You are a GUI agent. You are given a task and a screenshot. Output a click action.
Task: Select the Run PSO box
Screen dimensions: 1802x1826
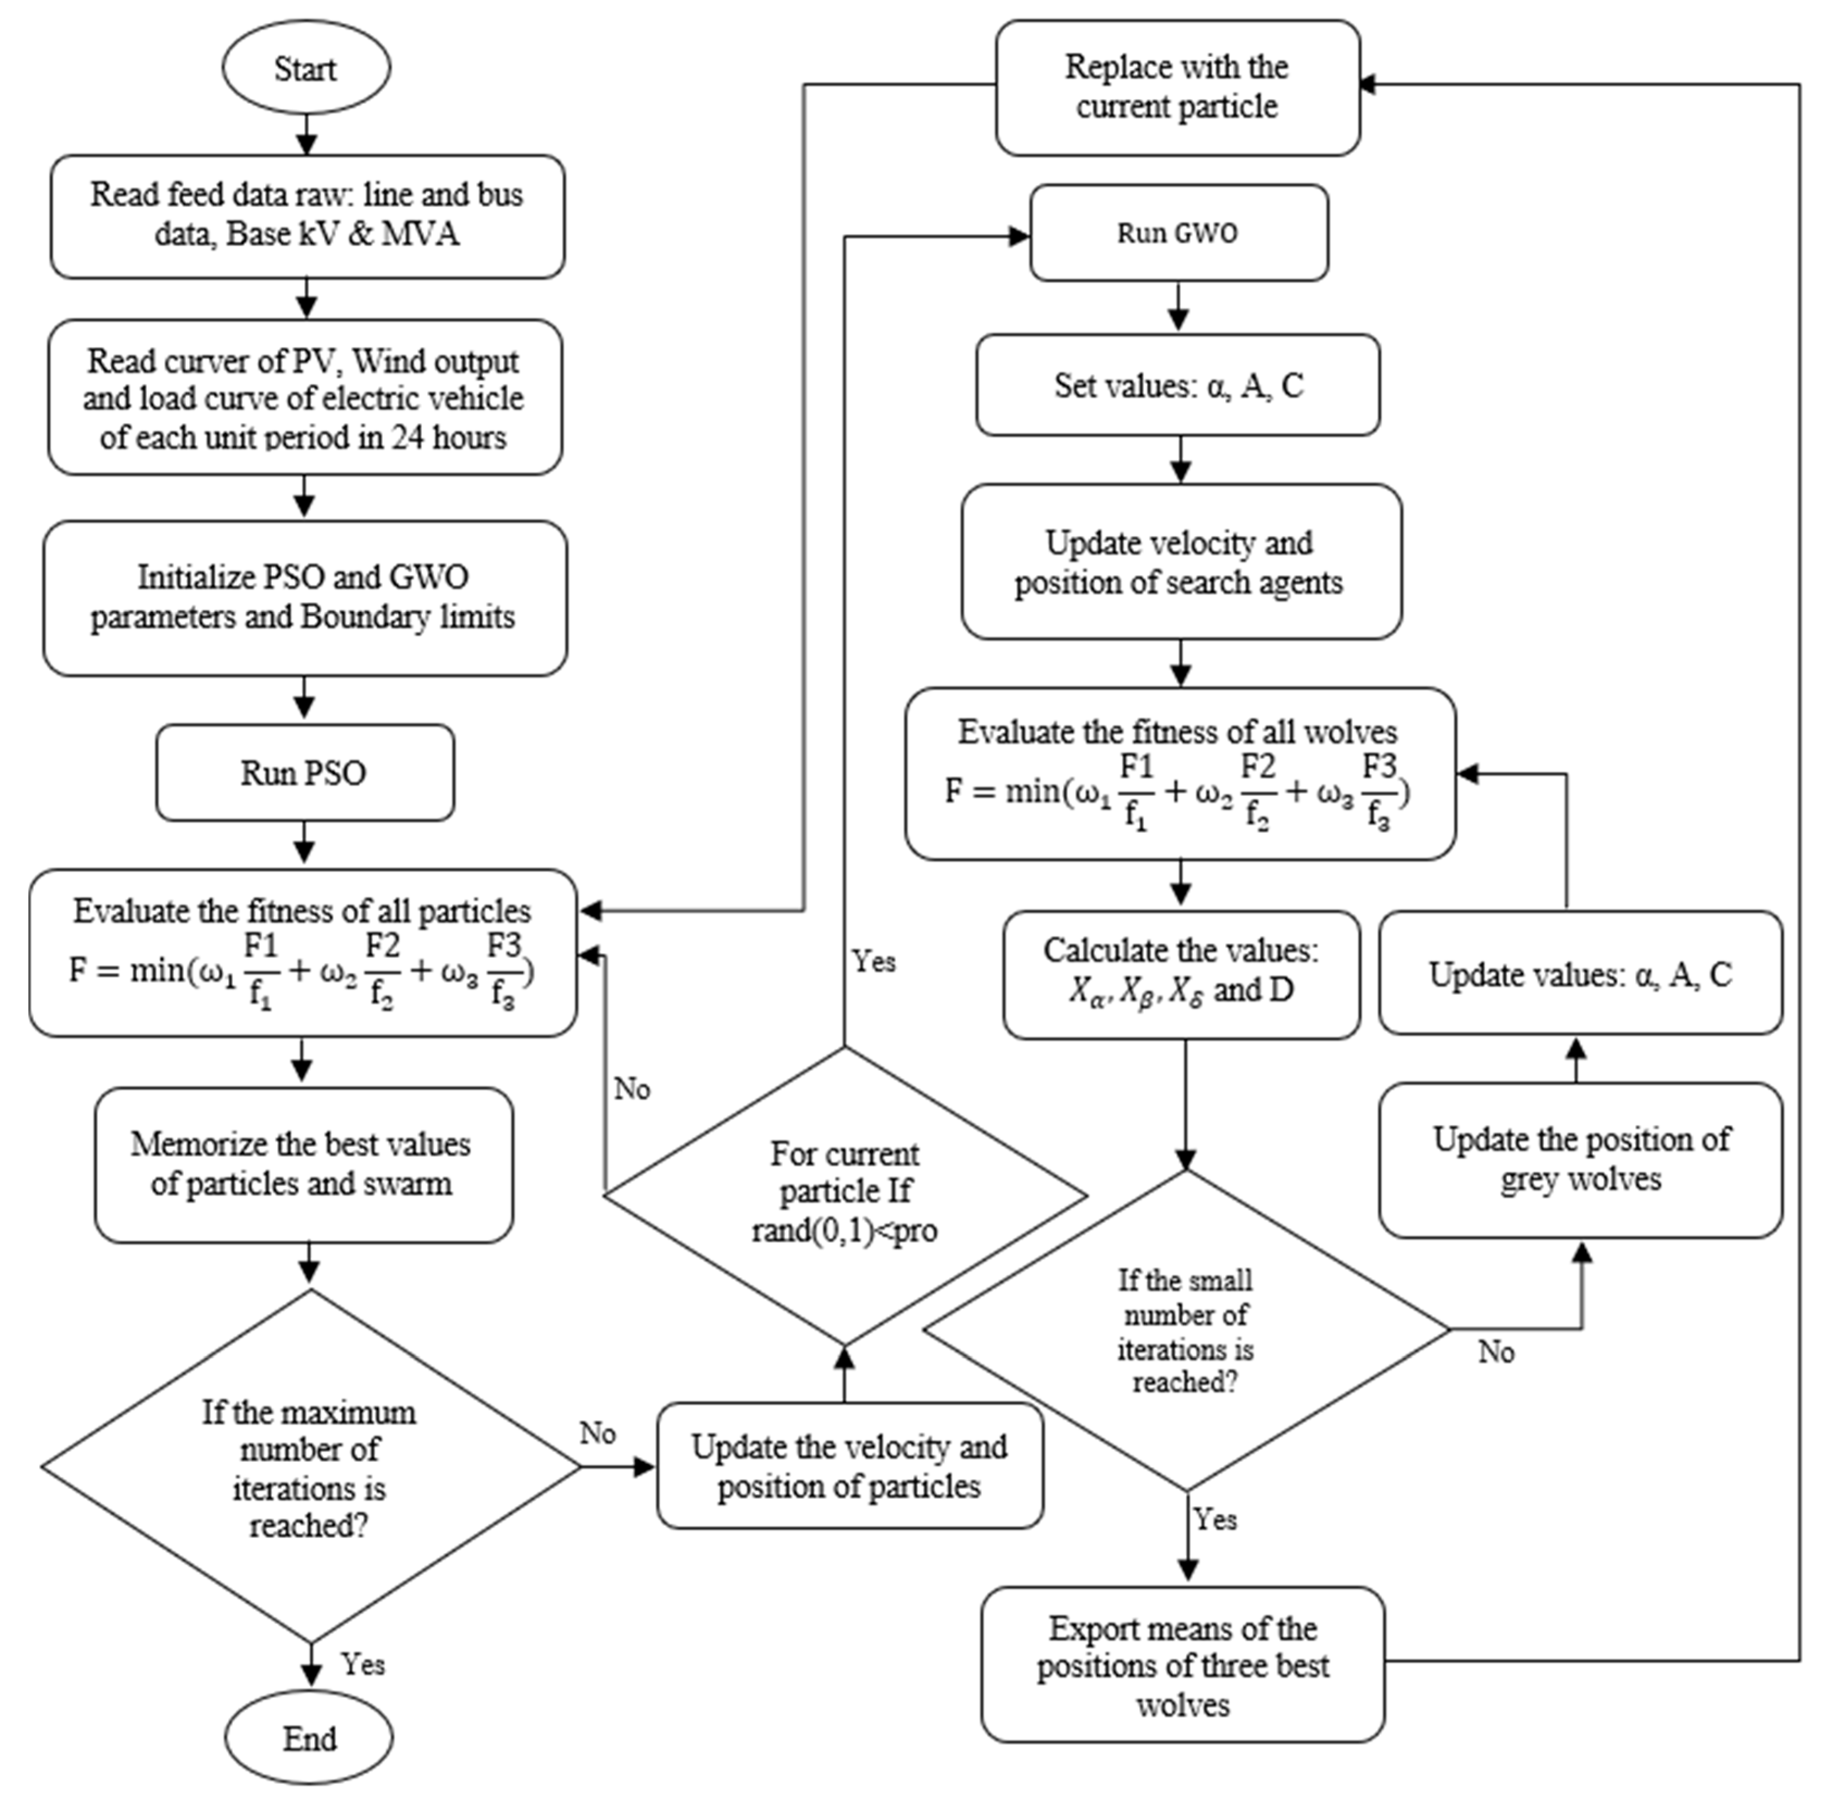(x=304, y=773)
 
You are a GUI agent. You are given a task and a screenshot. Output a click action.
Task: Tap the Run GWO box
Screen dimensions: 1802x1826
(x=1178, y=233)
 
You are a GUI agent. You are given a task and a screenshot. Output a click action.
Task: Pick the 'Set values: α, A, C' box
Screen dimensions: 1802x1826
(x=1178, y=385)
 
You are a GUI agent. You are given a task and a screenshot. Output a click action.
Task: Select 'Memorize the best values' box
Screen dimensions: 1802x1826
(x=303, y=1164)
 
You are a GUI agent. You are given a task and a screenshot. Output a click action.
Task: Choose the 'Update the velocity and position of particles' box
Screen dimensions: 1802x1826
(x=849, y=1467)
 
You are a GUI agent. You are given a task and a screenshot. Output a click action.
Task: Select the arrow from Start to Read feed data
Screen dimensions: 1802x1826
(x=306, y=134)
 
